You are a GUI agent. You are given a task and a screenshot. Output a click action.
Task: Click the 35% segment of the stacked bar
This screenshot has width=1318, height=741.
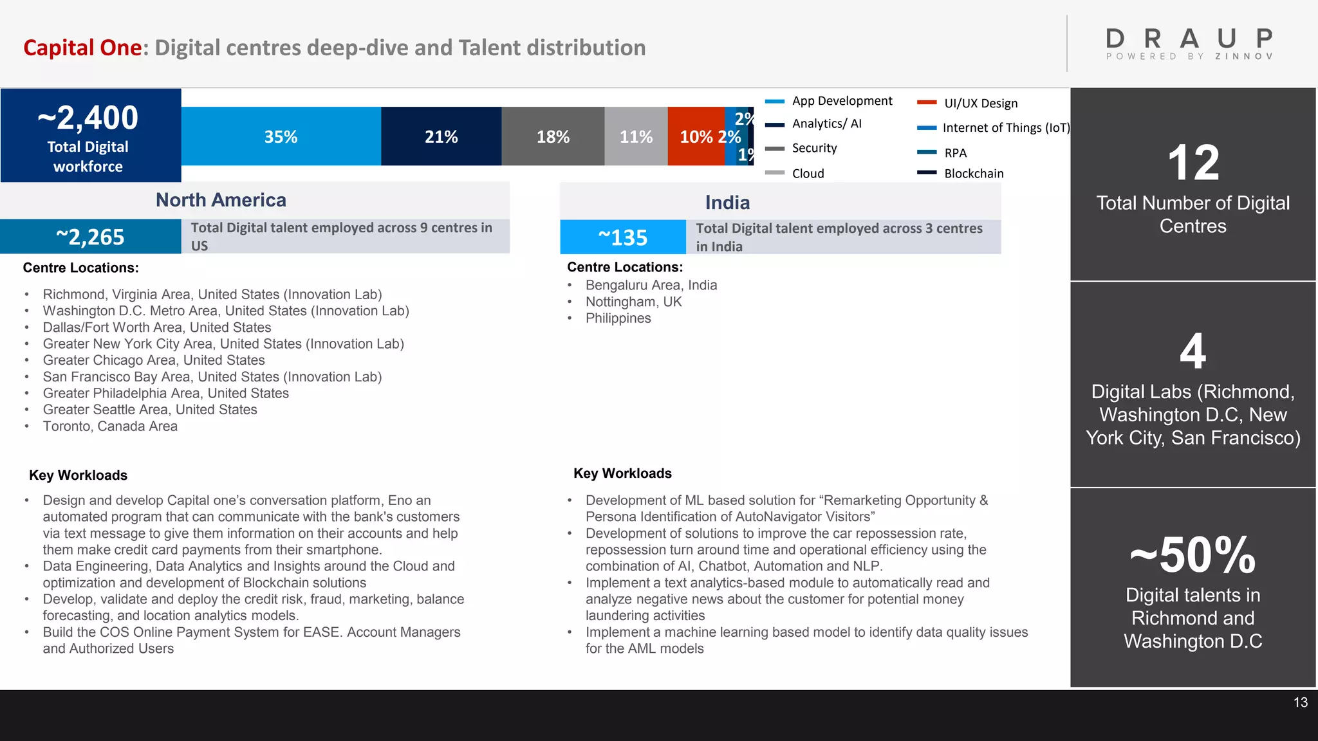(x=281, y=136)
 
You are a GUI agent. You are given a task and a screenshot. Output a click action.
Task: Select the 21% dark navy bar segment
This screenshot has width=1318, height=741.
(x=441, y=136)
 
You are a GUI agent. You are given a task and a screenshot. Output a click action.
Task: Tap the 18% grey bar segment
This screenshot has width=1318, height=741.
(x=553, y=136)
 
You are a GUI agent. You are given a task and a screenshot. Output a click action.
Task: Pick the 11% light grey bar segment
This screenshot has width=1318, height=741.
(x=636, y=136)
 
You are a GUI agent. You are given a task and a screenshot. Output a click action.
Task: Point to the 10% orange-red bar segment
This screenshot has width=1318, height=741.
(x=696, y=136)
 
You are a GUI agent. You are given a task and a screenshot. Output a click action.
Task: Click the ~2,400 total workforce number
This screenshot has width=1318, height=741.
(x=88, y=118)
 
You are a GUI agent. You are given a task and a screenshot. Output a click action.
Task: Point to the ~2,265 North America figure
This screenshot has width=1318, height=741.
(x=90, y=237)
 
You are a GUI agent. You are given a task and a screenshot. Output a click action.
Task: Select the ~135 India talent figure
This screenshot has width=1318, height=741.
(x=622, y=237)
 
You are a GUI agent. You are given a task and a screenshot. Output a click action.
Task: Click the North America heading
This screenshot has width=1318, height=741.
(x=221, y=200)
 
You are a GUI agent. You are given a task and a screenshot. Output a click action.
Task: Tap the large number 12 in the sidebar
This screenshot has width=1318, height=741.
(x=1193, y=163)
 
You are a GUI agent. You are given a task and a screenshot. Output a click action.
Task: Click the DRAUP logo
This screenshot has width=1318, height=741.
(x=1189, y=42)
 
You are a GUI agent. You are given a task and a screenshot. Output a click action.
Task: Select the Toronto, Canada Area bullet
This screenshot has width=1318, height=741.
(x=110, y=426)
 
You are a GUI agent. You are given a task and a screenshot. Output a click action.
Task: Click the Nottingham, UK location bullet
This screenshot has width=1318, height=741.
(x=633, y=302)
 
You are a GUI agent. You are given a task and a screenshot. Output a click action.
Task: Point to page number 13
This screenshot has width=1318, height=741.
(x=1300, y=702)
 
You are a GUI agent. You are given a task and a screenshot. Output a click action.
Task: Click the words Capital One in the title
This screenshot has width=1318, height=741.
(x=82, y=48)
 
